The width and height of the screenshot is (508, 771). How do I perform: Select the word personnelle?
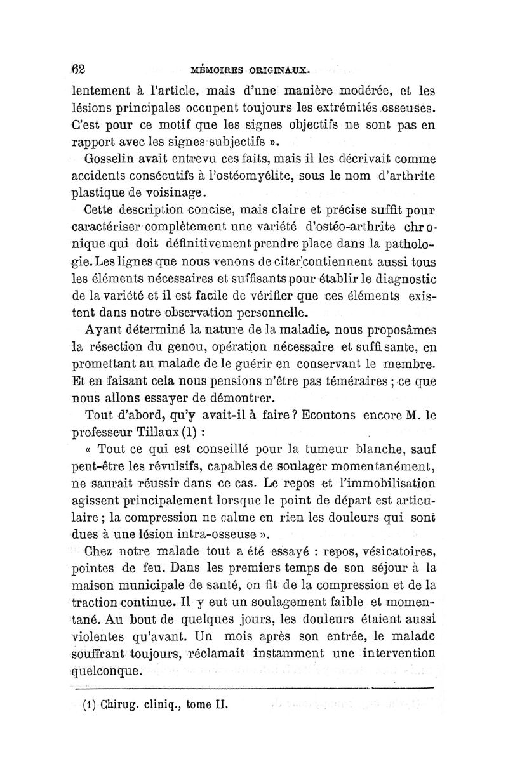(272, 312)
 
